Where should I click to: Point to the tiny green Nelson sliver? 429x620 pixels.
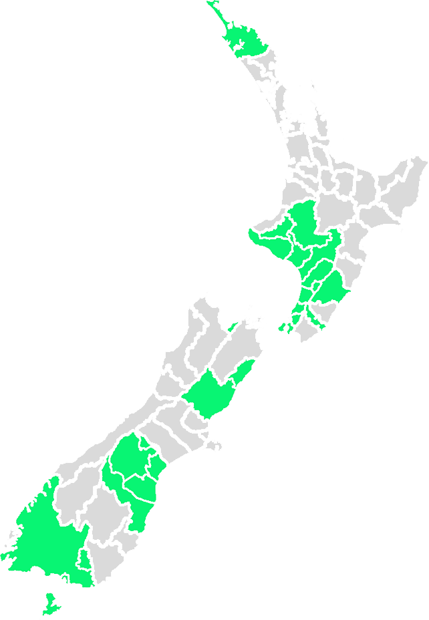coord(232,326)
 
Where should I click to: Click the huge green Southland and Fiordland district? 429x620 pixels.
coord(47,534)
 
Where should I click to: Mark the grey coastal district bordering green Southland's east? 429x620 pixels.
coord(107,568)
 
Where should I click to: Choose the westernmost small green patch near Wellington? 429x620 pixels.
coord(283,328)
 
